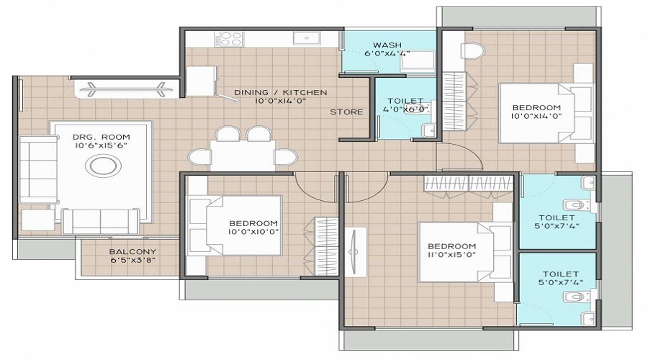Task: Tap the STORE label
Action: (346, 112)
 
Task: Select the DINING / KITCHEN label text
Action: (281, 92)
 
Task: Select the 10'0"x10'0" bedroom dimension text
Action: (253, 232)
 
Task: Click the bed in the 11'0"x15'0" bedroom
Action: (461, 248)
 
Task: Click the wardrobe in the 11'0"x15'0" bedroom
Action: (469, 185)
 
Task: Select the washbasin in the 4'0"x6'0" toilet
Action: (429, 130)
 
